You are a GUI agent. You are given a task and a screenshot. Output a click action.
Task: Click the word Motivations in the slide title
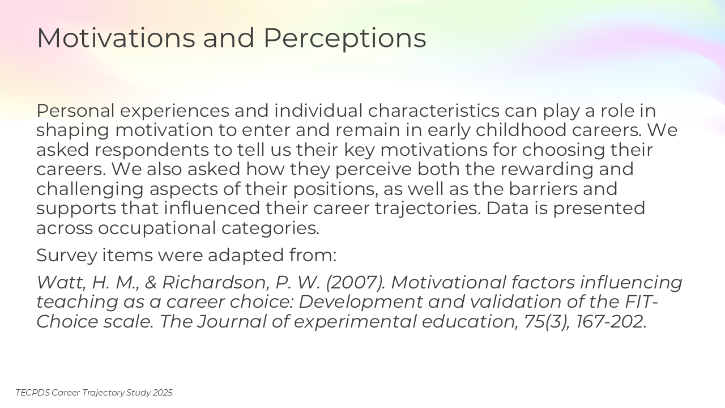pyautogui.click(x=116, y=38)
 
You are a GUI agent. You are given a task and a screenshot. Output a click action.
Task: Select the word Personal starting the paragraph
pyautogui.click(x=75, y=110)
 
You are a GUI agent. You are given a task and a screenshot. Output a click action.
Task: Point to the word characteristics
pyautogui.click(x=434, y=110)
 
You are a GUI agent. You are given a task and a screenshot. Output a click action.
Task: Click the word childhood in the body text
pyautogui.click(x=521, y=130)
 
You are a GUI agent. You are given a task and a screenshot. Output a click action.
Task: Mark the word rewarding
pyautogui.click(x=547, y=169)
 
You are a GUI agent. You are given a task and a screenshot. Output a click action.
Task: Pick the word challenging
pyautogui.click(x=90, y=190)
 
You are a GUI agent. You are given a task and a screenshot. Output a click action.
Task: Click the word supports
pyautogui.click(x=76, y=209)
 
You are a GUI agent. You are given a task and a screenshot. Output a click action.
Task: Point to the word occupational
pyautogui.click(x=157, y=228)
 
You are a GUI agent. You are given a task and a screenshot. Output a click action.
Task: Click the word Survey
pyautogui.click(x=67, y=256)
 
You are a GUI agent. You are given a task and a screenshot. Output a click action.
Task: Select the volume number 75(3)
pyautogui.click(x=547, y=322)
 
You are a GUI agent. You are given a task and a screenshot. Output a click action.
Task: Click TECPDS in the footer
pyautogui.click(x=33, y=393)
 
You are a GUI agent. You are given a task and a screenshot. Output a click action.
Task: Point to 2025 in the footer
pyautogui.click(x=163, y=393)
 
